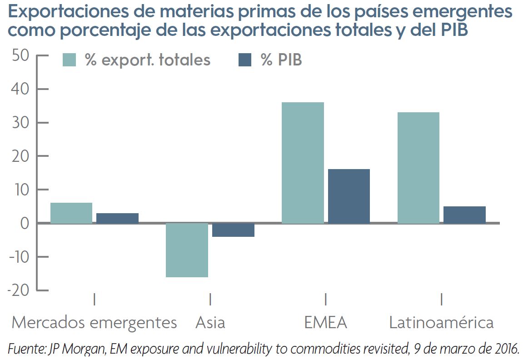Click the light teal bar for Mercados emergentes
pos(71,213)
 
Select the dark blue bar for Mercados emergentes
pos(117,218)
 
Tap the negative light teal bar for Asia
pos(187,250)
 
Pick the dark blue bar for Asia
pos(233,230)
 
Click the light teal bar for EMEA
pos(303,163)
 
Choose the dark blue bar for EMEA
pos(349,196)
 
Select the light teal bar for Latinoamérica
pos(418,168)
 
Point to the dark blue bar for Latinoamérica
pos(464,215)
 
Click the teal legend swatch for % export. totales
pos(70,60)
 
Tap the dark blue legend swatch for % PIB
pos(245,60)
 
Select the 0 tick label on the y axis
pos(24,223)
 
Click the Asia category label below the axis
pos(210,323)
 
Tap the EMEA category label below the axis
pos(325,323)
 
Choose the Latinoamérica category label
pos(441,323)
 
